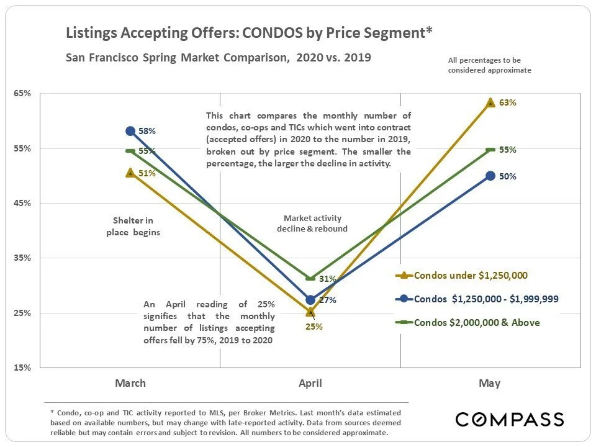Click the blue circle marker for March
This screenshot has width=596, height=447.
tap(130, 131)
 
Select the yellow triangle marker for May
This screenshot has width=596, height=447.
tap(490, 102)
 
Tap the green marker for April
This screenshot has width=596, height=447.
tap(310, 278)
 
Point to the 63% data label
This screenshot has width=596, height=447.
tap(508, 103)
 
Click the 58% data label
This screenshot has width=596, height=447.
tap(147, 132)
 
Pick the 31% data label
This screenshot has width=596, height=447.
tap(327, 279)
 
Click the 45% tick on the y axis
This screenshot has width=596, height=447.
tap(22, 203)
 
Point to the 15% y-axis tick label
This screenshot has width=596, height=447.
tap(22, 368)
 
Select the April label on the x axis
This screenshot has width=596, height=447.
tap(310, 383)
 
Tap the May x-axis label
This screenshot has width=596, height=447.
tap(490, 383)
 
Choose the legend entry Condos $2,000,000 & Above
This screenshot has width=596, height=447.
tap(477, 322)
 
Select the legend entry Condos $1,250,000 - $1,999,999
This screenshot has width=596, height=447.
tap(486, 299)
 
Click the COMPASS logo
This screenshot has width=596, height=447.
tap(510, 419)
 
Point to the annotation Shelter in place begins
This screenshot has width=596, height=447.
tap(132, 227)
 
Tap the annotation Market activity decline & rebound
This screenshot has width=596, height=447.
tap(312, 223)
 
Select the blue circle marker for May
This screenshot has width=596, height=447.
tap(490, 176)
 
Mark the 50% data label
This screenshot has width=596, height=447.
tap(508, 176)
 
